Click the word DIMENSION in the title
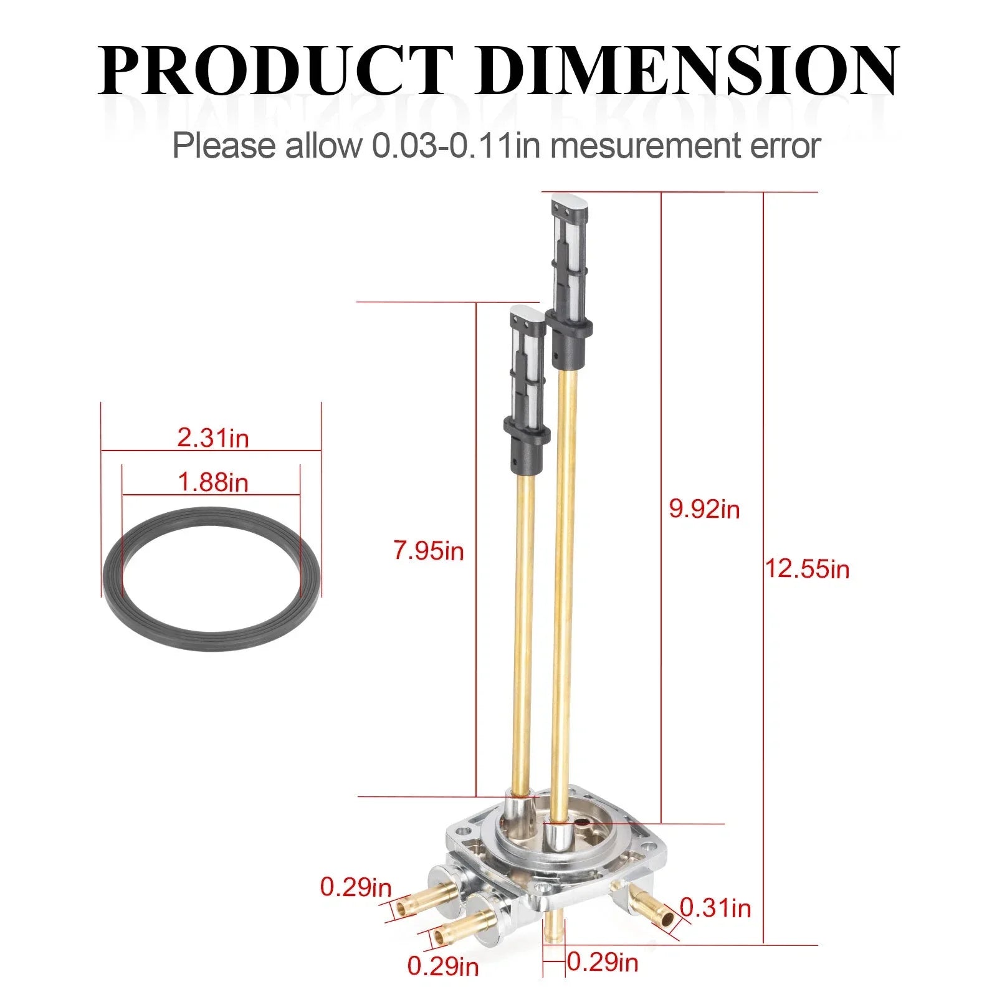(x=688, y=69)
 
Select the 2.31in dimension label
(x=213, y=437)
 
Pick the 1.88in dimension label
(x=213, y=482)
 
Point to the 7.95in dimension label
(x=429, y=551)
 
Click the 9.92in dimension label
(x=704, y=509)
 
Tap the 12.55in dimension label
(x=807, y=569)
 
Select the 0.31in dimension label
(x=715, y=908)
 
